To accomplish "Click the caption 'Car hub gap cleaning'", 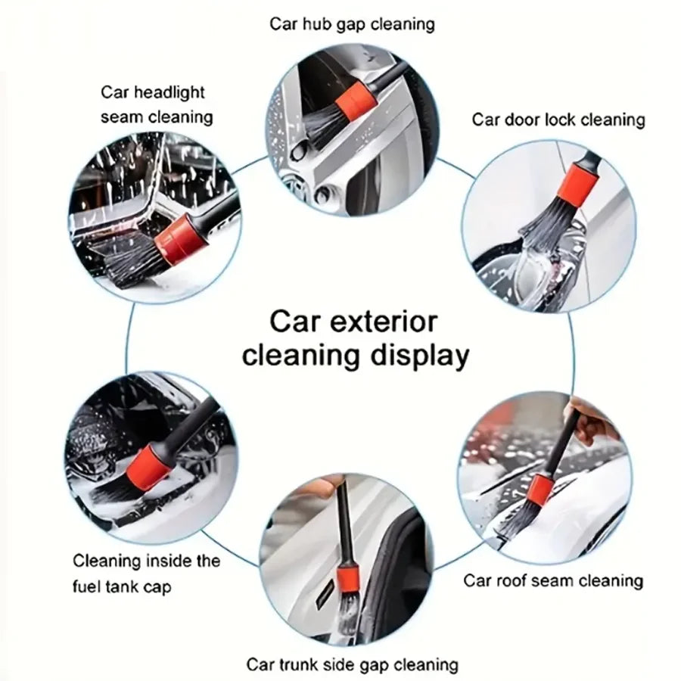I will pyautogui.click(x=352, y=23).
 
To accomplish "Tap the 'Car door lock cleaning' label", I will pyautogui.click(x=558, y=120).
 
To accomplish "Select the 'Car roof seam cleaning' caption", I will pyautogui.click(x=552, y=580).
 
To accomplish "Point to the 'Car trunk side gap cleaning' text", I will pyautogui.click(x=352, y=664).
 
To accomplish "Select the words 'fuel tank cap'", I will pyautogui.click(x=123, y=586).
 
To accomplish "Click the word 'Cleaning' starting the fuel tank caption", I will pyautogui.click(x=106, y=561).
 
